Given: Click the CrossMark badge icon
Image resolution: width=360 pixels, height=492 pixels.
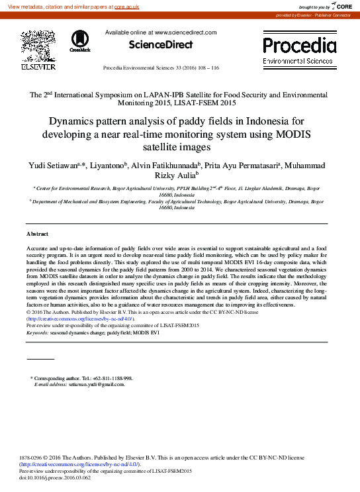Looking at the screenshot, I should [x=80, y=41].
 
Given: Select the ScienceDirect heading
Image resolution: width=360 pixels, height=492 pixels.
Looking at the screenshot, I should [x=160, y=45].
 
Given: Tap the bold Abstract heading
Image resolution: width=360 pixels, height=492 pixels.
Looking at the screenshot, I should [x=37, y=234].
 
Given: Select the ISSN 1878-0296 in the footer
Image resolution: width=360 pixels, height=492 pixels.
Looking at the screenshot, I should [x=32, y=458].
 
